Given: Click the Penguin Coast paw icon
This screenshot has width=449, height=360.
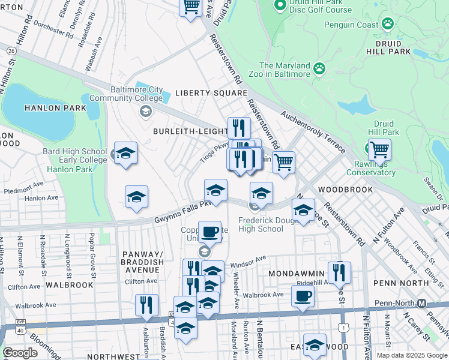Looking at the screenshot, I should pyautogui.click(x=388, y=25).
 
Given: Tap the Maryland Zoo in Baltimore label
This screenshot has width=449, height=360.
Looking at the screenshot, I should pyautogui.click(x=285, y=70).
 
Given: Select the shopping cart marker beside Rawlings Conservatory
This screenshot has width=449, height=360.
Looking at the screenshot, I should pyautogui.click(x=379, y=149).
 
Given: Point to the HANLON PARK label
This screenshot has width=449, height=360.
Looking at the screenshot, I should pyautogui.click(x=47, y=107).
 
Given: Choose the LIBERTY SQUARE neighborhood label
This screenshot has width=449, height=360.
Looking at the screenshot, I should pyautogui.click(x=211, y=93).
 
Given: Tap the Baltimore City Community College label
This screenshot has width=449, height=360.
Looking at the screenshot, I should pyautogui.click(x=126, y=94).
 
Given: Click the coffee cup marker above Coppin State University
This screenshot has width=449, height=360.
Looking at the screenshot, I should pyautogui.click(x=209, y=232).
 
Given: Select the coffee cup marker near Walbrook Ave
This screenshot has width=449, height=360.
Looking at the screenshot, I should pyautogui.click(x=303, y=296).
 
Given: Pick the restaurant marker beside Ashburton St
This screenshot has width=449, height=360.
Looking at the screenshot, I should pyautogui.click(x=146, y=305).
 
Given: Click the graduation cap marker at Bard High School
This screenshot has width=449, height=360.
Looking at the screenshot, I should pyautogui.click(x=126, y=153).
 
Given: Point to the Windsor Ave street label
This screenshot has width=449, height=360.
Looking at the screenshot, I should pyautogui.click(x=247, y=261).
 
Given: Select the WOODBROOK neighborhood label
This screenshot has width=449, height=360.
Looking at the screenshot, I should pyautogui.click(x=346, y=189).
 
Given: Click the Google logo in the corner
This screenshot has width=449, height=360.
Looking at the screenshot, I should pyautogui.click(x=20, y=353).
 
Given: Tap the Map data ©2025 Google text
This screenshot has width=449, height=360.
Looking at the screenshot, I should pyautogui.click(x=411, y=355).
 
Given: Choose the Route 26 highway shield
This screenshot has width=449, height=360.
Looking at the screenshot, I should pyautogui.click(x=11, y=52).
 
